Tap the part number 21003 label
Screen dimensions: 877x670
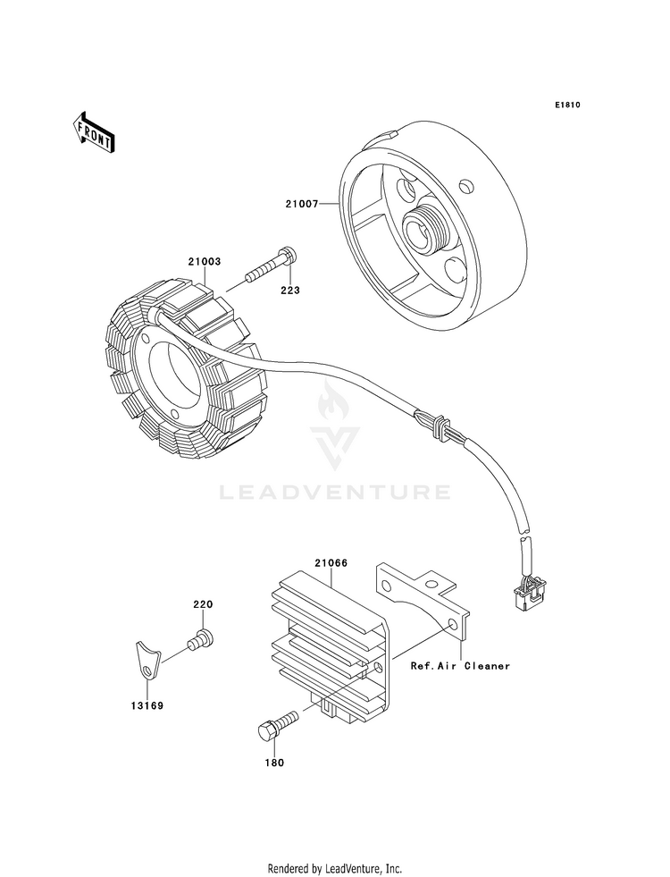click(204, 262)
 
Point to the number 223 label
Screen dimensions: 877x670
click(292, 291)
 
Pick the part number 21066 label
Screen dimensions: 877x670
click(331, 563)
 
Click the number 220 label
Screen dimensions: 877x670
click(203, 604)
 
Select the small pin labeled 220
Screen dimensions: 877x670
click(202, 638)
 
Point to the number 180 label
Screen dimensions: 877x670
click(273, 763)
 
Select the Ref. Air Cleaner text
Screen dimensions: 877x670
click(460, 666)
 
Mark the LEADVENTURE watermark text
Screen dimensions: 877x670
click(334, 491)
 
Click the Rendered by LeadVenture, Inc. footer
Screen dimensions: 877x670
click(334, 868)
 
